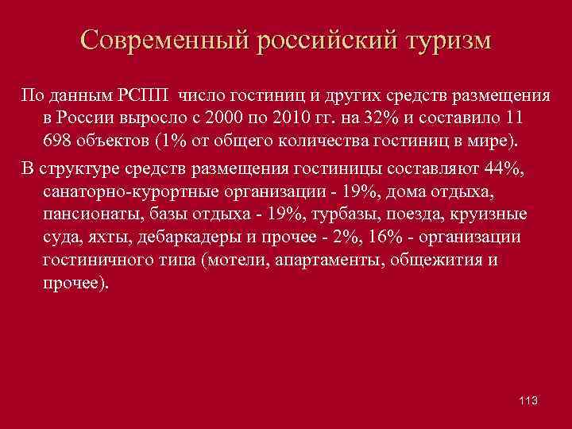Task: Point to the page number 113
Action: (x=527, y=400)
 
